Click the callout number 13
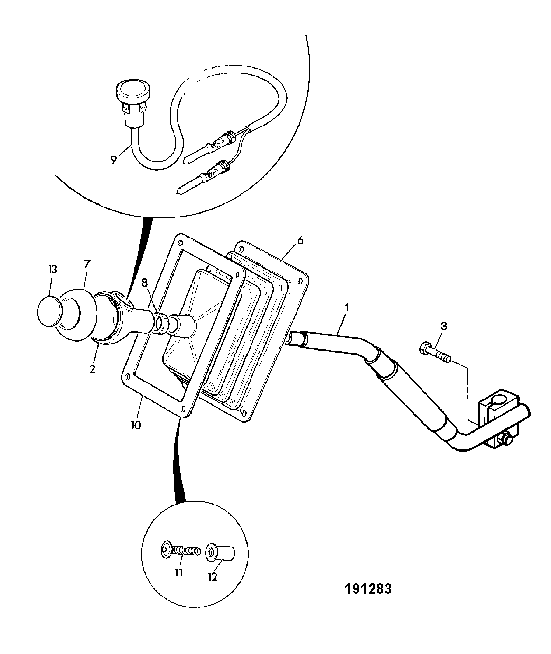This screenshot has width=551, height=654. tap(53, 270)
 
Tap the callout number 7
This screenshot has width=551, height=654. tap(86, 264)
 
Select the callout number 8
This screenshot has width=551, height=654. tap(144, 283)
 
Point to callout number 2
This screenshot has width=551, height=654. tap(92, 369)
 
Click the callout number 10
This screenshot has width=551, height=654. tap(137, 425)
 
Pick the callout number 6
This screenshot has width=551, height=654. tap(300, 240)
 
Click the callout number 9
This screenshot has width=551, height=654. tap(114, 161)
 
